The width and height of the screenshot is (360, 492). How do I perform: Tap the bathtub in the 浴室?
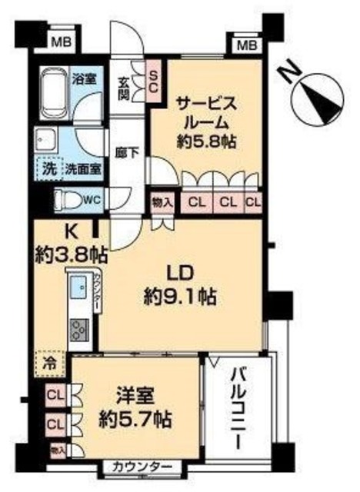pos(54,90)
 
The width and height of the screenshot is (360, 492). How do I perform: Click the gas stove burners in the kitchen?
pos(79,330)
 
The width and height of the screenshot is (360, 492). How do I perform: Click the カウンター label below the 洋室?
pos(141,467)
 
